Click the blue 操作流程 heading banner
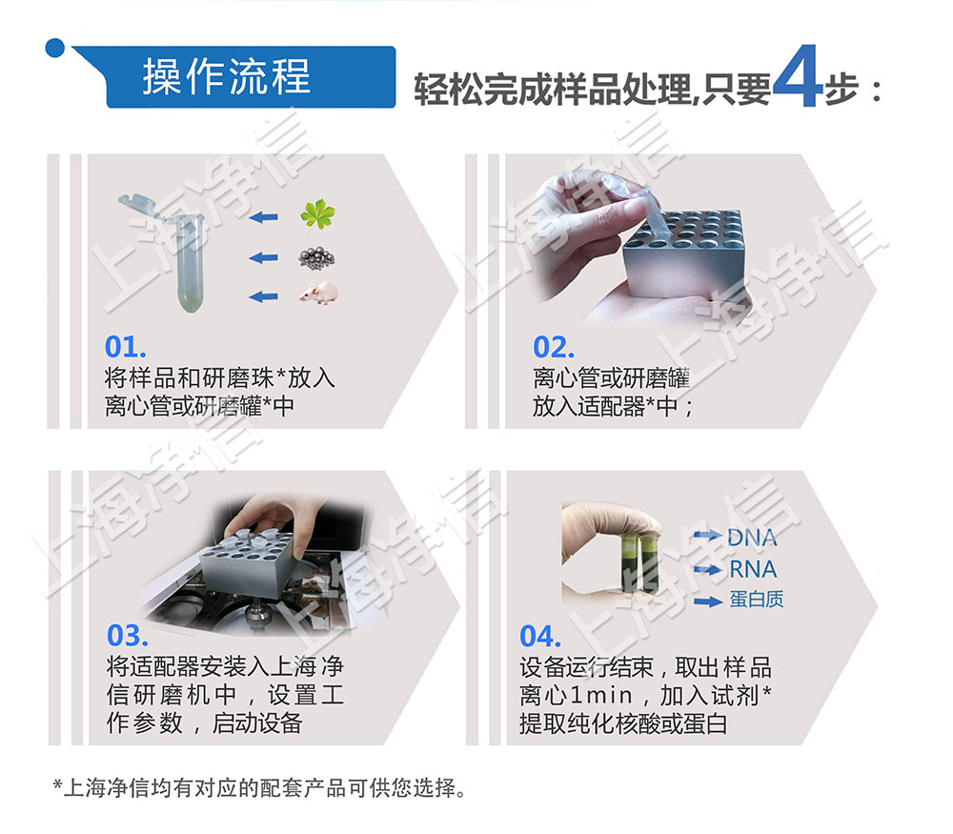point(229,76)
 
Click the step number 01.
point(126,347)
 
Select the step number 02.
point(554,347)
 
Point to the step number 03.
point(127,636)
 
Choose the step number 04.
point(540,636)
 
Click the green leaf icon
point(317,215)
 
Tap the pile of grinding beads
point(317,257)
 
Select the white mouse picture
point(317,295)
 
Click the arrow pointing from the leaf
point(263,217)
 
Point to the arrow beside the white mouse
point(263,296)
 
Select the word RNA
point(752,570)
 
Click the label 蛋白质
point(757,600)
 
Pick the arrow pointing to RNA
point(707,570)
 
